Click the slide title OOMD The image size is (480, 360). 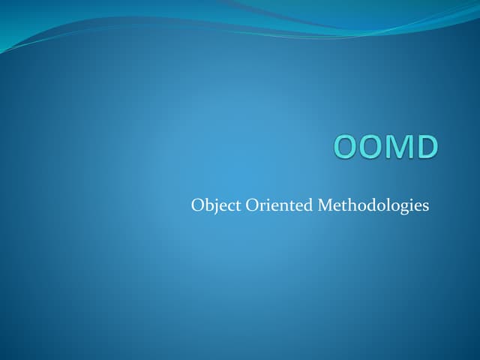[x=385, y=147]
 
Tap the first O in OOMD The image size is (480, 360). [x=346, y=147]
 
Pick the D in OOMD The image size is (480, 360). [x=425, y=147]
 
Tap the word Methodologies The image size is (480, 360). [x=373, y=205]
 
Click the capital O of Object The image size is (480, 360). [x=197, y=205]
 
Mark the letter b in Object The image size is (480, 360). [x=209, y=205]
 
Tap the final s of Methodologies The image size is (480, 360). [x=426, y=206]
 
